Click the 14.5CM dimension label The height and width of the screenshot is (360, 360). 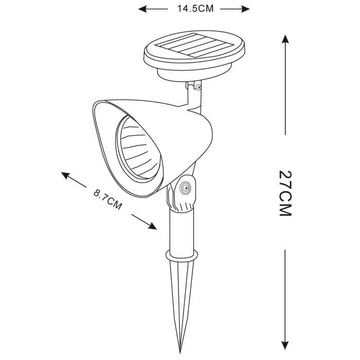click(x=195, y=9)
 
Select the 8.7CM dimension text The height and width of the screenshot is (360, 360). click(x=107, y=200)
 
